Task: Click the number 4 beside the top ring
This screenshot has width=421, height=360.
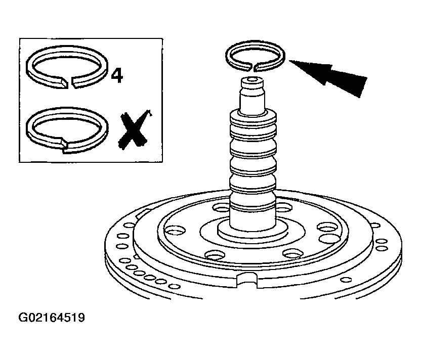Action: tap(117, 76)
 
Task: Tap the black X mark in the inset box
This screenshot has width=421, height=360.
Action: tap(135, 129)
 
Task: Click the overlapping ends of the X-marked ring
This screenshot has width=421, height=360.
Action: tap(64, 144)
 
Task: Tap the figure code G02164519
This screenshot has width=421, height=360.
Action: tap(52, 318)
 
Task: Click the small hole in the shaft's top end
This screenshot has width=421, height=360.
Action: tap(252, 80)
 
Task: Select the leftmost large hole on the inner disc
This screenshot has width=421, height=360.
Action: tap(175, 230)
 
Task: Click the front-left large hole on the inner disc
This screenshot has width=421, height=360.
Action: tap(215, 254)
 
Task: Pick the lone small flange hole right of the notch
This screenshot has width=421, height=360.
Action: tap(346, 280)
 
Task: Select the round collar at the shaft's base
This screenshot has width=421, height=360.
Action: tap(252, 231)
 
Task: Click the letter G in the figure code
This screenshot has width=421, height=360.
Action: tap(23, 318)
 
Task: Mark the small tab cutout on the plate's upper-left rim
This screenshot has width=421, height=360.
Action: tap(142, 214)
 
